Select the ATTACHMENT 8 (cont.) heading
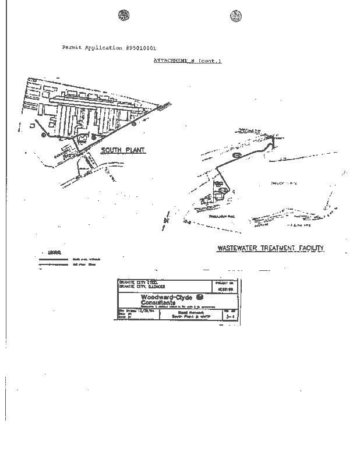tap(187, 61)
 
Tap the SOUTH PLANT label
tap(123, 150)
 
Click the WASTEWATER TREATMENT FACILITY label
tap(270, 248)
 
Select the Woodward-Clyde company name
tap(166, 297)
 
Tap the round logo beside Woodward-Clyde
tap(200, 298)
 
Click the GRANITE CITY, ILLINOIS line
tap(142, 287)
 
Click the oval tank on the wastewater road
tap(236, 156)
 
